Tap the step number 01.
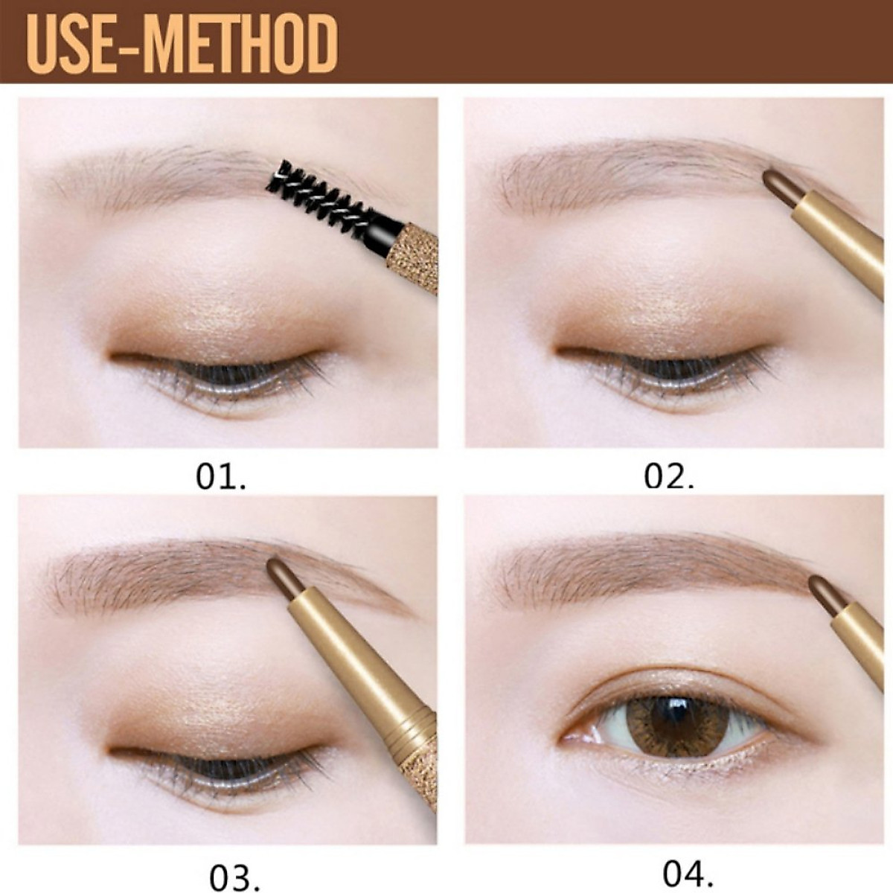220,477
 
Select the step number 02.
668,477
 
